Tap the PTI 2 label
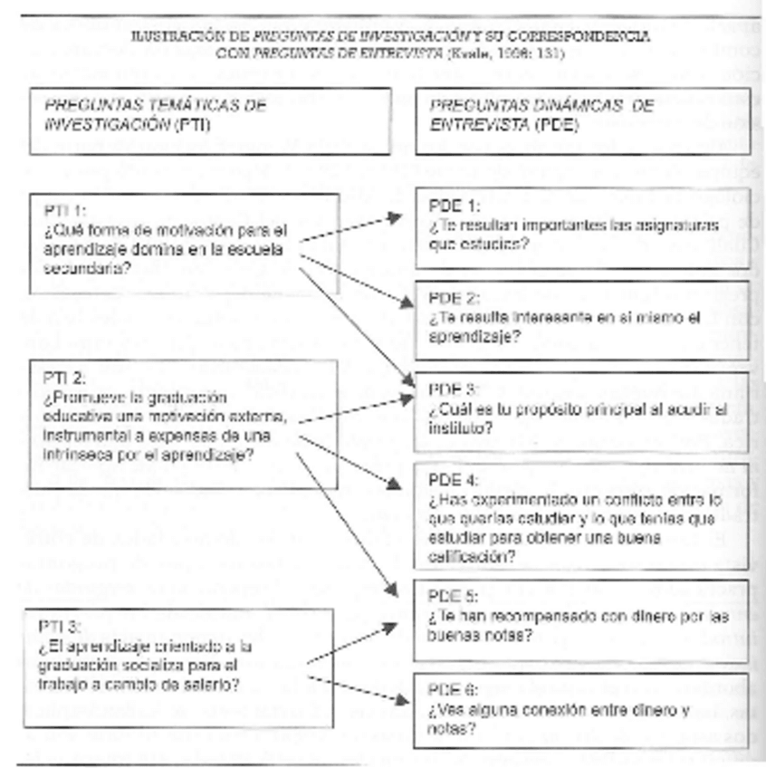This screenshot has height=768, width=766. point(61,375)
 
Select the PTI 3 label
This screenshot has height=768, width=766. point(61,626)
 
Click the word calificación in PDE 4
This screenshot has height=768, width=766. point(467,556)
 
